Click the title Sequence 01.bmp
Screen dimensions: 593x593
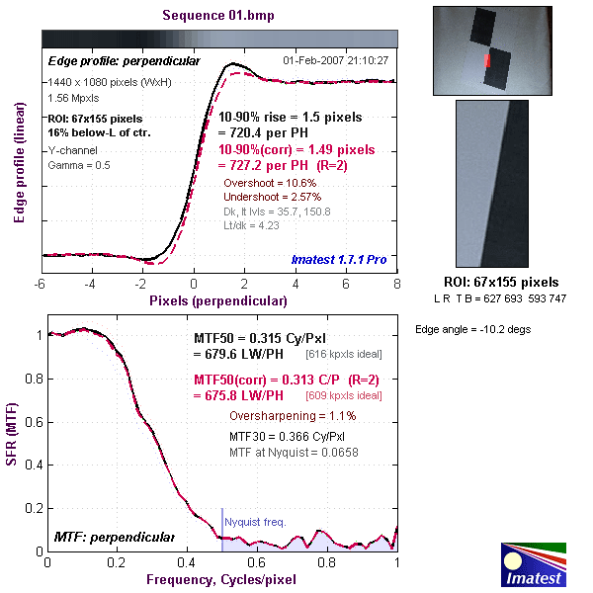tap(218, 16)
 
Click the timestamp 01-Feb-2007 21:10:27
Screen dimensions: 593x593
tap(335, 60)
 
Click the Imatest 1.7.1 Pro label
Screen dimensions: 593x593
tap(339, 260)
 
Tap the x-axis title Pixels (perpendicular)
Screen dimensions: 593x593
tap(218, 297)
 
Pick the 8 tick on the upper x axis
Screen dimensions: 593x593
tap(396, 283)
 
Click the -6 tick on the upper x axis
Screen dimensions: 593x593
tap(42, 283)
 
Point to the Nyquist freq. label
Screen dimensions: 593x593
tap(255, 520)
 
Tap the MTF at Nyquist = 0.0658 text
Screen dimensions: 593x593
tap(295, 453)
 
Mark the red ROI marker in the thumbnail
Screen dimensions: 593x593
tap(486, 62)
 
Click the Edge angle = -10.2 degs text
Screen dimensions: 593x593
tap(472, 329)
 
